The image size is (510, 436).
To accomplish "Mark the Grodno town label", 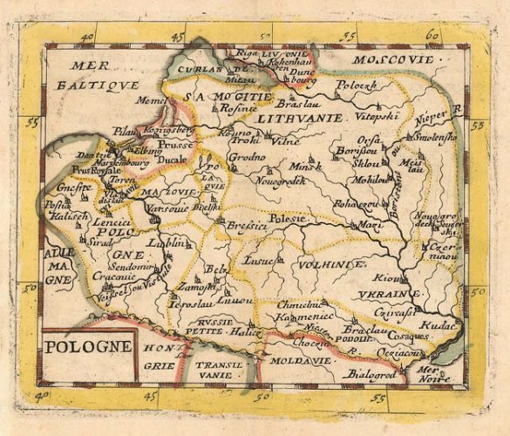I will [245, 158].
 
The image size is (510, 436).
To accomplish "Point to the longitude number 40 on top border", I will [86, 37].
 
